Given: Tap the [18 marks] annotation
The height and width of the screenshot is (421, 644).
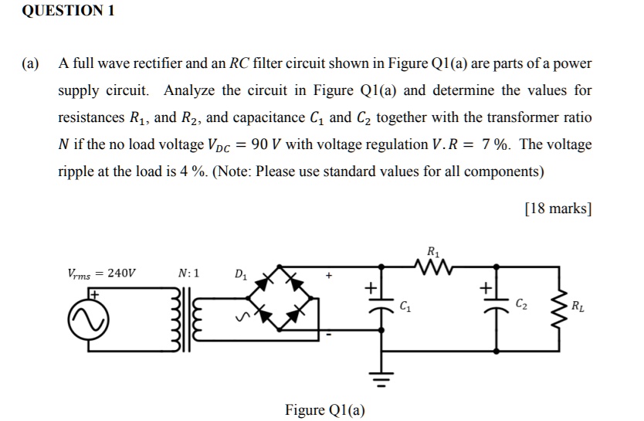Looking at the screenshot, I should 558,209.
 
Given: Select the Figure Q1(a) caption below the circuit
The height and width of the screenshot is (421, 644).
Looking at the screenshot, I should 325,409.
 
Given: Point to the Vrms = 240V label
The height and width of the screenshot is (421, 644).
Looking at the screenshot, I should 100,273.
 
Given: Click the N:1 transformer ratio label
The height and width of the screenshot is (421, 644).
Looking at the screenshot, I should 188,273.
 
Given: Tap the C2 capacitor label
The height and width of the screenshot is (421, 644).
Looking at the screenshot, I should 521,307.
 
